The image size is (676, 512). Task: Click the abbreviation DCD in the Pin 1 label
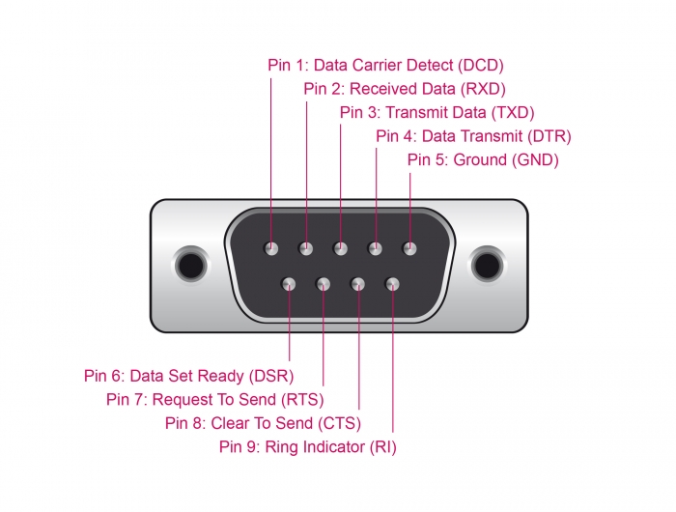pos(480,66)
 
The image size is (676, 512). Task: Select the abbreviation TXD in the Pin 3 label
pos(512,112)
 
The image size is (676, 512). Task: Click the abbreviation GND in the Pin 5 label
pos(536,159)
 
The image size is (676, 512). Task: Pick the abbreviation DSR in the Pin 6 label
pos(270,376)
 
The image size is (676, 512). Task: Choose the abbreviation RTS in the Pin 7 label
pos(301,399)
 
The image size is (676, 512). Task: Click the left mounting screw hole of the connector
pos(188,265)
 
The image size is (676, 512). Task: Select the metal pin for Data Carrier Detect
pos(271,249)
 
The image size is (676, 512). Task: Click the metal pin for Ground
pos(410,249)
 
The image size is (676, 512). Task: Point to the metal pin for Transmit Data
pos(341,249)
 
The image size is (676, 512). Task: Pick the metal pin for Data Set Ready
pos(289,284)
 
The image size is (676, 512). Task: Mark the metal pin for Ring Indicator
pos(393,284)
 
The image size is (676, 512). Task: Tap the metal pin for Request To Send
pos(324,284)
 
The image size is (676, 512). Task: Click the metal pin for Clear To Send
pos(358,284)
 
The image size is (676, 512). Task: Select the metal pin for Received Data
pos(306,249)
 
